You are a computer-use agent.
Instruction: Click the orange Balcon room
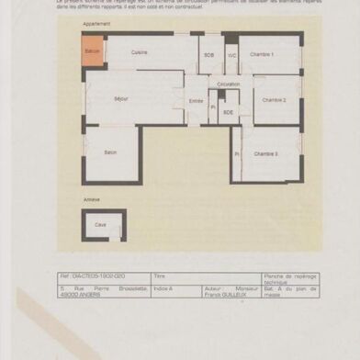pos(93,51)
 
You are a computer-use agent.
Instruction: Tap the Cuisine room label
pos(140,52)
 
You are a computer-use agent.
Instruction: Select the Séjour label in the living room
pos(121,98)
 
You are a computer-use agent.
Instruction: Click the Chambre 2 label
pos(274,100)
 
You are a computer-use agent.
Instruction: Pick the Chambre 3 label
pos(266,153)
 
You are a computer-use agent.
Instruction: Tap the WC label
pos(232,55)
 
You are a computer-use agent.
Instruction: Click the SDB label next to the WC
pos(208,55)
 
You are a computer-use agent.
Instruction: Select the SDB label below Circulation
pos(228,112)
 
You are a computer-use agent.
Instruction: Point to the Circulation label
pos(229,84)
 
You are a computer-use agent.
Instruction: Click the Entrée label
pos(196,101)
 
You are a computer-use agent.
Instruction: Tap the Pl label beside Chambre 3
pos(236,153)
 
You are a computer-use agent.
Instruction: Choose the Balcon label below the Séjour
pos(110,152)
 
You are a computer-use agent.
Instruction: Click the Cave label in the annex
pos(100,224)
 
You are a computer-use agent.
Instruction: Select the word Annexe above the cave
pos(91,199)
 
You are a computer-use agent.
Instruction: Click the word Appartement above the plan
pos(96,25)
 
